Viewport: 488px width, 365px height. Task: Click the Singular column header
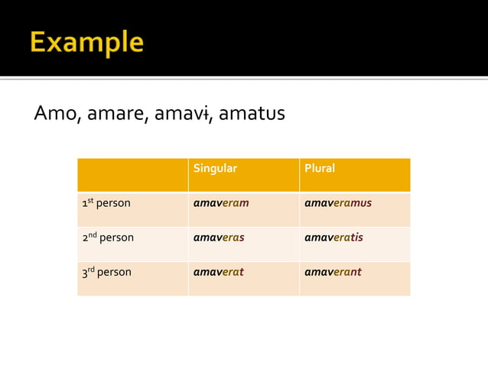215,169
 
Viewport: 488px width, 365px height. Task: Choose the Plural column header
320,169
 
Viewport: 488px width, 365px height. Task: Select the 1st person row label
106,204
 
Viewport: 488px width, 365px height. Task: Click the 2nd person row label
108,237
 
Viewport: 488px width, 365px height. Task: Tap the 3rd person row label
106,272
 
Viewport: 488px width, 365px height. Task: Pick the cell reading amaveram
221,203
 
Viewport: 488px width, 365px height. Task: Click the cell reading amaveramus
338,203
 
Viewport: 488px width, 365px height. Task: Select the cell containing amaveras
219,237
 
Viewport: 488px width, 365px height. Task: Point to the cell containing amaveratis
333,237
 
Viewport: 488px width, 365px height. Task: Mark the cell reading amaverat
218,272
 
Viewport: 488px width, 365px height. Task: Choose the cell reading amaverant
333,272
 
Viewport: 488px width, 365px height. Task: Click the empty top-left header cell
132,175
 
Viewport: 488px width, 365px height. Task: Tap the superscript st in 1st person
91,201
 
